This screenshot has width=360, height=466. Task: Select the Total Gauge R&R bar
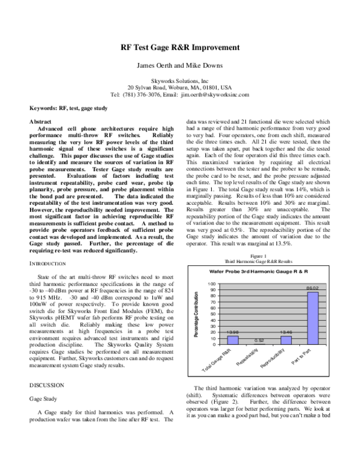pyautogui.click(x=233, y=340)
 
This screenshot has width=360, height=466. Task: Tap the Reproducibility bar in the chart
pyautogui.click(x=286, y=340)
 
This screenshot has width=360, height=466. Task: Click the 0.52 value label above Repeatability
pyautogui.click(x=260, y=340)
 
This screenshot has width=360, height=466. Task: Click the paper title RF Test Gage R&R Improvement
pyautogui.click(x=180, y=47)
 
